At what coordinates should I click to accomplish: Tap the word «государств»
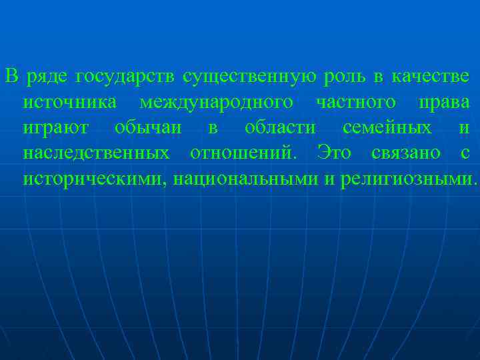(x=125, y=77)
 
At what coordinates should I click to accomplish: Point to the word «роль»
(x=344, y=77)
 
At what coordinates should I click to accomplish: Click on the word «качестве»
(x=431, y=77)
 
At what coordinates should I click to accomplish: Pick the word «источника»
(x=71, y=103)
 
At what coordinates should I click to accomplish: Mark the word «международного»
(x=217, y=103)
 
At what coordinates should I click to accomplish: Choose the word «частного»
(x=357, y=103)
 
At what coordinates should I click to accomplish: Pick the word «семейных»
(x=387, y=128)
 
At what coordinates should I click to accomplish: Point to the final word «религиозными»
(x=408, y=179)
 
